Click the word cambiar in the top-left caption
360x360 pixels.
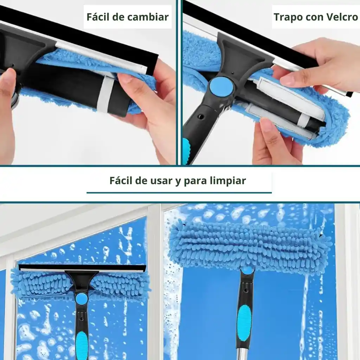pos(148,17)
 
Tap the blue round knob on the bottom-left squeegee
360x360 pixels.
pos(82,298)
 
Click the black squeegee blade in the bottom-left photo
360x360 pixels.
pos(82,268)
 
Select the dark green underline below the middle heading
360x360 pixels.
pos(179,193)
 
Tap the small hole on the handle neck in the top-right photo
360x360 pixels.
pos(201,116)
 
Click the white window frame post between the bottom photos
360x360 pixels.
pos(156,282)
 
